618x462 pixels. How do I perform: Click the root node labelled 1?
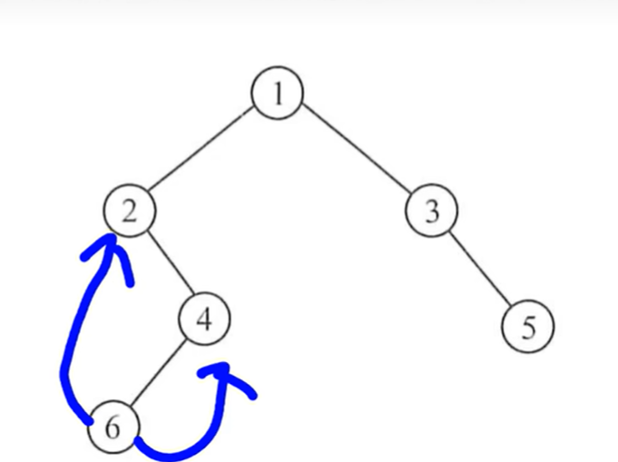[277, 93]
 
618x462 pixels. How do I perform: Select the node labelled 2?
[130, 211]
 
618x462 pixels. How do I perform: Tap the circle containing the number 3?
[431, 211]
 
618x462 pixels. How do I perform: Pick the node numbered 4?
[204, 319]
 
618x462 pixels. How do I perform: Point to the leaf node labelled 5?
[527, 326]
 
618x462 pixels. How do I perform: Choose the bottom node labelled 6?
[113, 427]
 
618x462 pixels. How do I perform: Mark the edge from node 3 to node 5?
[479, 269]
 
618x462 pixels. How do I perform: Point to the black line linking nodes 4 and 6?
[160, 372]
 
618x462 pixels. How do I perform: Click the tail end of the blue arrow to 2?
[89, 420]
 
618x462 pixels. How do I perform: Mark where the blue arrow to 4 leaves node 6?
[139, 441]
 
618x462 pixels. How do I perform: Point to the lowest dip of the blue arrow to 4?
[172, 453]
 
